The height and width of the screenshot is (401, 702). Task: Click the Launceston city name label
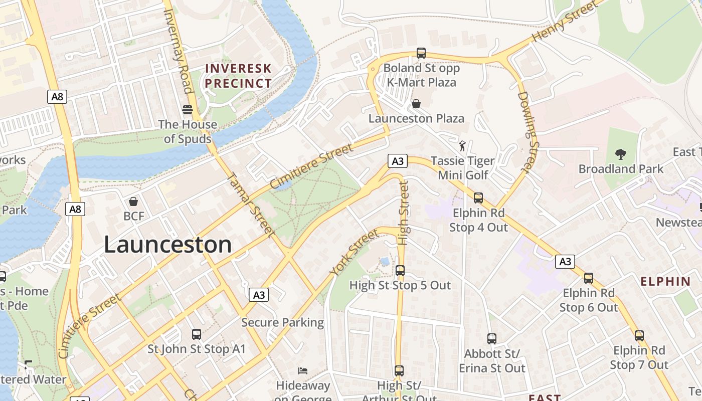(x=167, y=245)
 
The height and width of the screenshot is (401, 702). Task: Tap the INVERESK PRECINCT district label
(x=238, y=76)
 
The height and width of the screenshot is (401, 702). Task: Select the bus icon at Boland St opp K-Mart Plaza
(x=421, y=53)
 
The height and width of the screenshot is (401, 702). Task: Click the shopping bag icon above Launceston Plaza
(x=416, y=104)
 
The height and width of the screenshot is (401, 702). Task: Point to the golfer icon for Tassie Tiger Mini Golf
(x=462, y=146)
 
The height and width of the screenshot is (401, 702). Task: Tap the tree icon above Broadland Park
(x=621, y=154)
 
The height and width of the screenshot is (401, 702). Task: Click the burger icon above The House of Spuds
(x=188, y=109)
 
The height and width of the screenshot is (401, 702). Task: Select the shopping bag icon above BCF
(x=133, y=202)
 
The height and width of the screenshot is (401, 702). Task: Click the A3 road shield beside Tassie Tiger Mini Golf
(x=397, y=161)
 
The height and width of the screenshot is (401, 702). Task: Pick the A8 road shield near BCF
(x=75, y=209)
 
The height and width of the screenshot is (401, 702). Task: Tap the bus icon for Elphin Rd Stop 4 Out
(x=478, y=198)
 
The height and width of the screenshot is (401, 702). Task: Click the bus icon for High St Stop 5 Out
(x=400, y=271)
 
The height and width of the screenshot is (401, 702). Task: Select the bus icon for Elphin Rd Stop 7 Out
(x=639, y=336)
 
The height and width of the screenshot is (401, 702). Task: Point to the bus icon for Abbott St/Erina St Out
(x=491, y=339)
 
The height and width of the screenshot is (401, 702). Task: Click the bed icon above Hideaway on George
(x=303, y=371)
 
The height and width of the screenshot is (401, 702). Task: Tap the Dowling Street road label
(x=529, y=133)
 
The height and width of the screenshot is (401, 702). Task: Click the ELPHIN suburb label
(x=665, y=281)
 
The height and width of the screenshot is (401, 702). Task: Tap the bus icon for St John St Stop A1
(x=197, y=334)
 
